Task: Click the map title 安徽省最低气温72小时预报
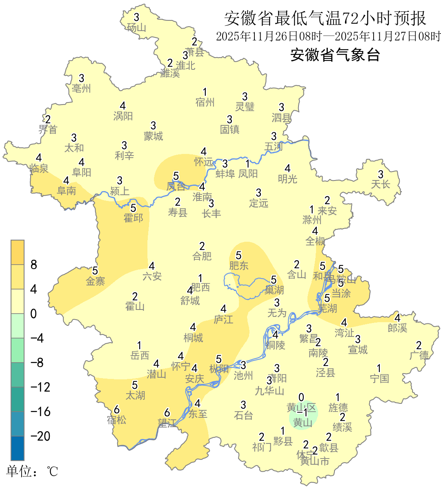click(325, 18)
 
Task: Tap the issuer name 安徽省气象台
click(335, 54)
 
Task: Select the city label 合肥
click(202, 256)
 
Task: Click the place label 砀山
click(136, 28)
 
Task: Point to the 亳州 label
click(81, 89)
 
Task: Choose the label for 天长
click(381, 185)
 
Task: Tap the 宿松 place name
click(117, 420)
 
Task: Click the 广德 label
click(419, 355)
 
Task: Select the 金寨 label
click(95, 281)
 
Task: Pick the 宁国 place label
click(379, 379)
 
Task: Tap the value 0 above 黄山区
click(301, 397)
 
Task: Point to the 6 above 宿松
click(117, 410)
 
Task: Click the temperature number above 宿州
click(205, 93)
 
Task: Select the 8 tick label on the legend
click(34, 265)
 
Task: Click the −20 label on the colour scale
click(40, 436)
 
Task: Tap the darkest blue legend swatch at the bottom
click(18, 448)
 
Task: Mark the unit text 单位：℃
click(32, 472)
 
